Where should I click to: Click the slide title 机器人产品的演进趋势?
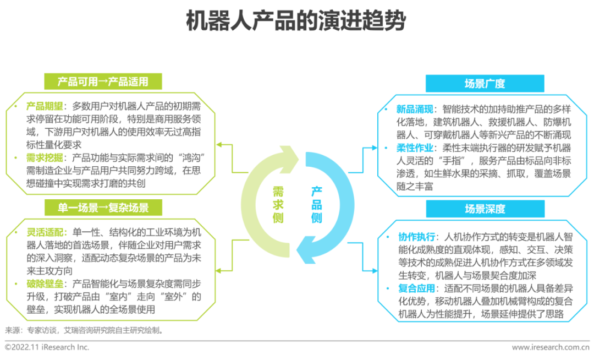(296, 22)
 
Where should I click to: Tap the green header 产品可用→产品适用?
(103, 82)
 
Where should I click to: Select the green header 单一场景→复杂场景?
(103, 208)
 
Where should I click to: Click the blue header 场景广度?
(485, 84)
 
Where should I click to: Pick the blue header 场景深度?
(485, 209)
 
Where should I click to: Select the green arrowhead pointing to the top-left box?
(218, 145)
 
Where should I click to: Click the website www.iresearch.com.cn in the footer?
(550, 347)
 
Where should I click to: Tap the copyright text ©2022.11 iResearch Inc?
(47, 347)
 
